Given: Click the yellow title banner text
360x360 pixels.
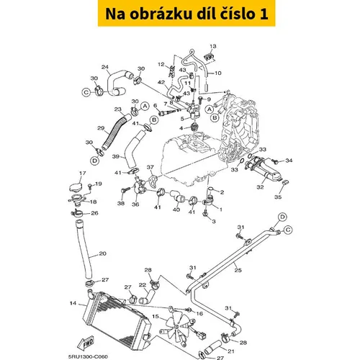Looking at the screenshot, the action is [186, 14].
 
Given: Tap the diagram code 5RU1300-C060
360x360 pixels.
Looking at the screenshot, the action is [88, 357].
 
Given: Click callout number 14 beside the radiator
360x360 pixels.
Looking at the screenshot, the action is [73, 303].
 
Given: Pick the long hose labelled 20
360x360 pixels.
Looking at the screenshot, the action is [85, 250].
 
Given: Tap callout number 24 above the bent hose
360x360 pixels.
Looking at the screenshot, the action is [105, 67].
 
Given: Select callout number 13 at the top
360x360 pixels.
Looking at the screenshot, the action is [213, 46].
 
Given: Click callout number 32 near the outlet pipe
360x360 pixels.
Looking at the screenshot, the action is [260, 186].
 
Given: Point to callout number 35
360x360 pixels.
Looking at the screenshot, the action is [278, 197].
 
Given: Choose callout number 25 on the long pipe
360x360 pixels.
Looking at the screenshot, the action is [238, 270].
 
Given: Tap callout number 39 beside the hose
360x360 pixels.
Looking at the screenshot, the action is [116, 156].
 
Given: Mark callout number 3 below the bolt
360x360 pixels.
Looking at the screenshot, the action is [214, 221].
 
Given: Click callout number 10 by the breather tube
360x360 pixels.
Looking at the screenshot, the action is [218, 73].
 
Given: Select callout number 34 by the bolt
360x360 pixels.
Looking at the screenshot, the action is [289, 160].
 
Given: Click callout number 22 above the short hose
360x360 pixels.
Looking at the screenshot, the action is [143, 285].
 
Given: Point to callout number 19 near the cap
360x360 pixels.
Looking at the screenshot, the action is [99, 184].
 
